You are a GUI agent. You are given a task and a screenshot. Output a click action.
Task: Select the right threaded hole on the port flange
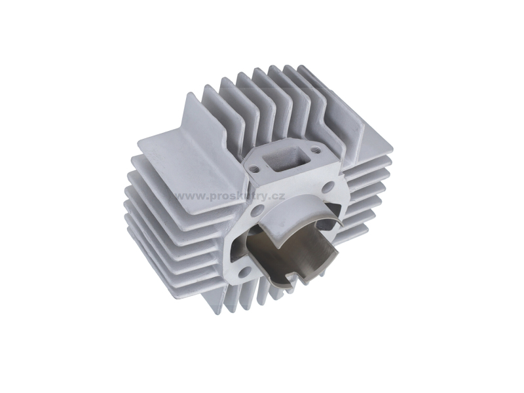[314, 151]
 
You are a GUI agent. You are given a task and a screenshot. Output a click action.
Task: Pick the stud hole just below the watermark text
[257, 211]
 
